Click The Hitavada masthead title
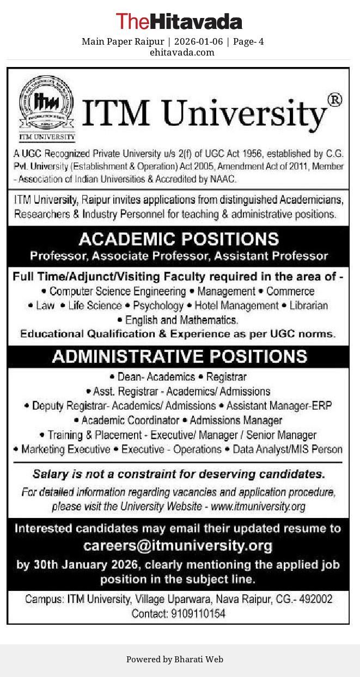(179, 22)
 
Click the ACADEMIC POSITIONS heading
(179, 239)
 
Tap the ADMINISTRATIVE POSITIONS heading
(179, 356)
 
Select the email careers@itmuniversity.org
(178, 545)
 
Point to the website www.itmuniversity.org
(258, 507)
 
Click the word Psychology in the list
(158, 306)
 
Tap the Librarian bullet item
(308, 306)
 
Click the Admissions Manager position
(236, 420)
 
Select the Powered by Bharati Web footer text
(175, 659)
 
